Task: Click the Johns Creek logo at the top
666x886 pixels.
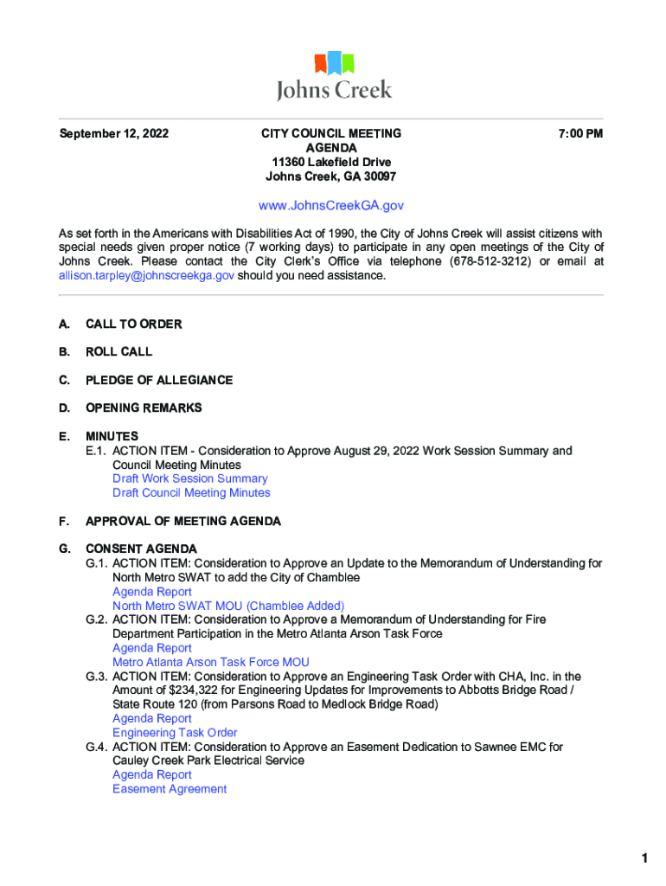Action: click(333, 76)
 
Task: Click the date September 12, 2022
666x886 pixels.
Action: click(113, 134)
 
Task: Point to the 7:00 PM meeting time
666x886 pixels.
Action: click(580, 134)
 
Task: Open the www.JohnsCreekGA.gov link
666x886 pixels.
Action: click(331, 206)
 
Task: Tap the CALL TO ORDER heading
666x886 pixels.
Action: click(133, 324)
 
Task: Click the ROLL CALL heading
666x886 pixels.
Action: click(118, 352)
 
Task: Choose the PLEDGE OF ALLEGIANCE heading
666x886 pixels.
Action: click(158, 381)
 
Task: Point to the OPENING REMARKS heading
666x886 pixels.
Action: click(143, 408)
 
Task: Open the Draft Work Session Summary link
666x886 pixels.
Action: click(189, 478)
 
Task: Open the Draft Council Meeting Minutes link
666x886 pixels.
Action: click(191, 493)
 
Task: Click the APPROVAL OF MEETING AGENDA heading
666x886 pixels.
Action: click(183, 522)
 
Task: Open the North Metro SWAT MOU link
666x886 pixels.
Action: click(227, 606)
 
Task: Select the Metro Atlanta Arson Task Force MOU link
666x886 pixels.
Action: click(210, 662)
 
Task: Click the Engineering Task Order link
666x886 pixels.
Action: click(175, 733)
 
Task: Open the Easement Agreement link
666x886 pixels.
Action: click(170, 789)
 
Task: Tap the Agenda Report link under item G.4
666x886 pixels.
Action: click(151, 775)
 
